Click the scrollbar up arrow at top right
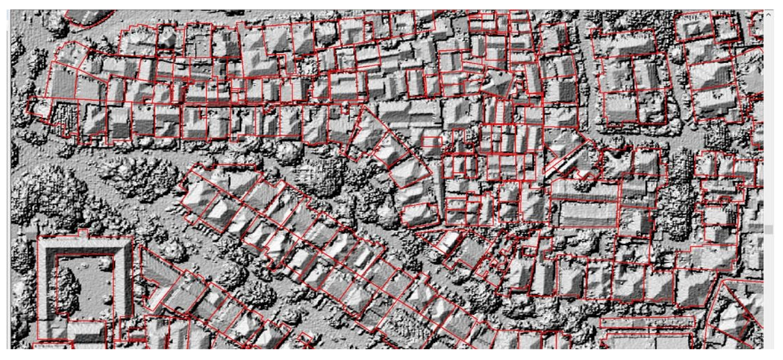[768, 14]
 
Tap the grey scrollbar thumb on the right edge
[769, 230]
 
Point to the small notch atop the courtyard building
[83, 233]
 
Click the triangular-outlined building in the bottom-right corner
[742, 307]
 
